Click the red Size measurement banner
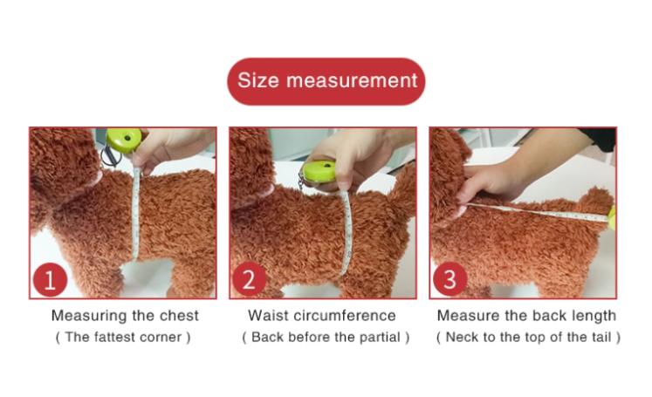click(x=326, y=81)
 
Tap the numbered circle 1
click(x=50, y=280)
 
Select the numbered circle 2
click(x=249, y=279)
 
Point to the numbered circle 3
click(x=450, y=279)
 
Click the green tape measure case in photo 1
click(x=123, y=140)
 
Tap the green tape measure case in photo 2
click(x=319, y=171)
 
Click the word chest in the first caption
click(x=179, y=316)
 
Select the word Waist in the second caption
click(x=269, y=316)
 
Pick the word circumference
click(x=345, y=316)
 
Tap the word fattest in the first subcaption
click(x=114, y=337)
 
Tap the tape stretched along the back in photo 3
click(x=538, y=212)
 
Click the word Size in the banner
click(x=257, y=80)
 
